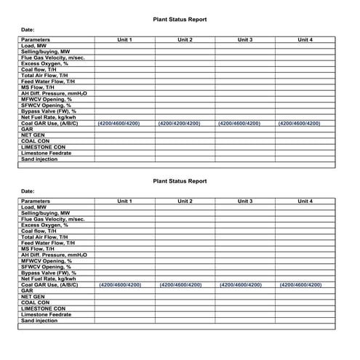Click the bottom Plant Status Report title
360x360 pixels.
[x=180, y=181]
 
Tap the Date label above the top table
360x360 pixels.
[x=27, y=30]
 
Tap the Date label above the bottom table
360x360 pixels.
[x=27, y=191]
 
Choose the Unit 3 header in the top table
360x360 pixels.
[x=244, y=39]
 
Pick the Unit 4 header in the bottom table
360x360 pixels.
[x=305, y=201]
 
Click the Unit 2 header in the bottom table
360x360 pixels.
[x=184, y=201]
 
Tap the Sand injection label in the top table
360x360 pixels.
[x=39, y=159]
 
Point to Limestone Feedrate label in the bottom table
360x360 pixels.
[x=46, y=314]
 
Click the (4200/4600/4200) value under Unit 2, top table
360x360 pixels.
[x=180, y=124]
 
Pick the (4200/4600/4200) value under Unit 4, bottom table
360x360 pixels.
[x=300, y=285]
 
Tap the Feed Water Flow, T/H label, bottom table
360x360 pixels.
[x=48, y=243]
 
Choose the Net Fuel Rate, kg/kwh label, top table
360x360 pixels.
[x=49, y=117]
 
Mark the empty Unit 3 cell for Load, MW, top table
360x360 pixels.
[x=244, y=45]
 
